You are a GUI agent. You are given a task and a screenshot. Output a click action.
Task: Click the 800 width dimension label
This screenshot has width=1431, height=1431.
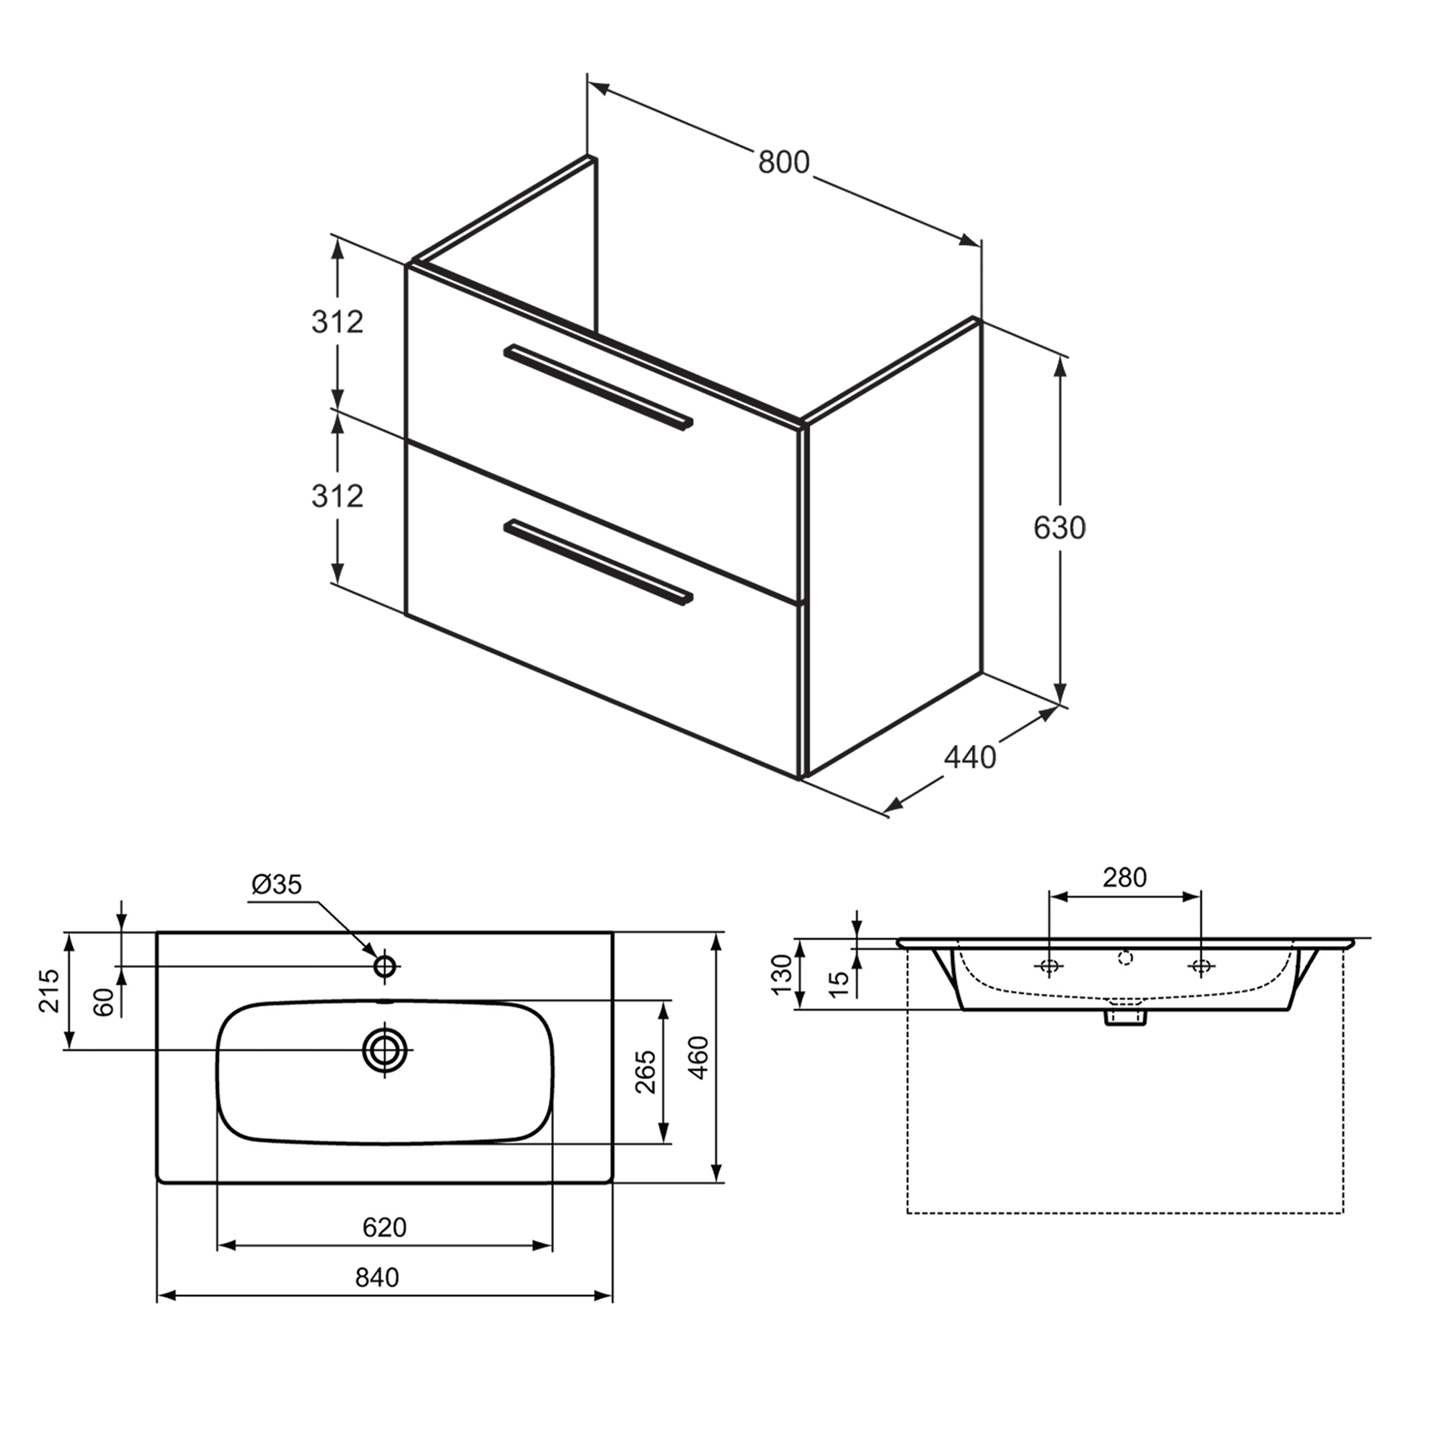783,162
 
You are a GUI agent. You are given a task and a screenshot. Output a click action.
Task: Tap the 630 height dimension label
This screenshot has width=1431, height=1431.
1059,527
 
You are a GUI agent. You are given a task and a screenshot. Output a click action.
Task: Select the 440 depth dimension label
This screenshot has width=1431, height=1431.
970,757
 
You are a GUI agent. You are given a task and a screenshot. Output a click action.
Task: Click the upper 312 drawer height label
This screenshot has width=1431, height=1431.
337,322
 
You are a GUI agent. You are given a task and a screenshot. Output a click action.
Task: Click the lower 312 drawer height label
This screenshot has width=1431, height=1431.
337,497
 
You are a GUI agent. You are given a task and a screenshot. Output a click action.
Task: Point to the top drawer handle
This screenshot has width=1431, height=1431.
597,386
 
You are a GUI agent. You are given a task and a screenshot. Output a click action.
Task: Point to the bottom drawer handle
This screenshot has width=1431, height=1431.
597,560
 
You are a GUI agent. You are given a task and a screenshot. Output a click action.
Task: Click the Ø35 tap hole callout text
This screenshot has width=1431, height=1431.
277,884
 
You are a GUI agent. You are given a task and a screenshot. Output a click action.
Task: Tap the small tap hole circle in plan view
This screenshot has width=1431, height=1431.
385,966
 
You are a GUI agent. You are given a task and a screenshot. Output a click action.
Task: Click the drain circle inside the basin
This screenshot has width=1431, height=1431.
385,1050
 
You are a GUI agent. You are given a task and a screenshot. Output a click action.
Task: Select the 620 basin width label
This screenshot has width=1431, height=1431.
384,1227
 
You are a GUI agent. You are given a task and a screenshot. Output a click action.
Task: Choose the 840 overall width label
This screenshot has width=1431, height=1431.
376,1278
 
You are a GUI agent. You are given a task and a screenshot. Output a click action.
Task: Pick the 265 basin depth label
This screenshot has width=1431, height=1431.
646,1072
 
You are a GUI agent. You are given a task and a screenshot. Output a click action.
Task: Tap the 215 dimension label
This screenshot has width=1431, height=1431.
49,990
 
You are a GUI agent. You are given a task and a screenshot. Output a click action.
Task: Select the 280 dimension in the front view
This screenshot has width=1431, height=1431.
1124,878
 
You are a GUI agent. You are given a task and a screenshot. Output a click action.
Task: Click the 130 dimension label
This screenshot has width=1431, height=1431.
782,974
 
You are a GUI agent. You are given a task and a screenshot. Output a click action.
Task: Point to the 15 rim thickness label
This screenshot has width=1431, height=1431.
839,983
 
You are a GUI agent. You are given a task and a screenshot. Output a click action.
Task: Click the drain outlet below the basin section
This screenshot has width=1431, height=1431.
1125,1017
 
